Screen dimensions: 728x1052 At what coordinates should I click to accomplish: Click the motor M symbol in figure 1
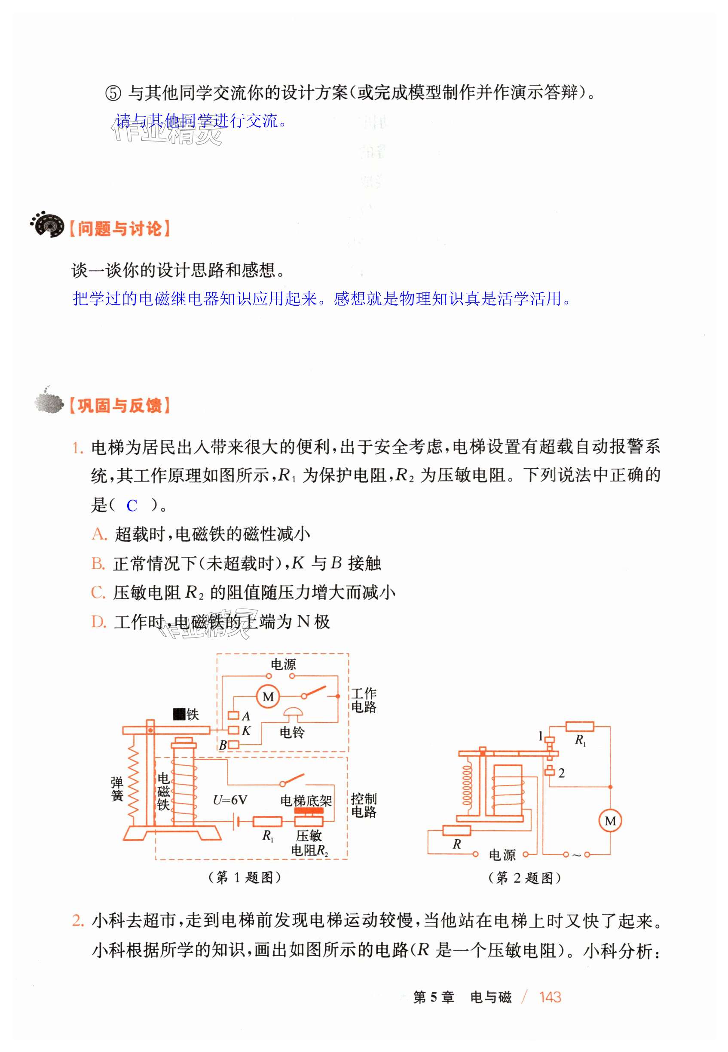click(268, 696)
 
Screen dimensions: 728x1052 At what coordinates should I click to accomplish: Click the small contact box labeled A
click(233, 716)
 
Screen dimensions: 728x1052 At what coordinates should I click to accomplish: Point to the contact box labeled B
click(233, 745)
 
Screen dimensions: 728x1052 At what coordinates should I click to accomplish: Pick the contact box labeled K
click(233, 730)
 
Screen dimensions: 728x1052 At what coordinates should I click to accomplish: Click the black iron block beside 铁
click(179, 714)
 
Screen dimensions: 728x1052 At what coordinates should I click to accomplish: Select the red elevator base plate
click(309, 811)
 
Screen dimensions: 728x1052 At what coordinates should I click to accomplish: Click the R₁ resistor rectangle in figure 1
click(268, 822)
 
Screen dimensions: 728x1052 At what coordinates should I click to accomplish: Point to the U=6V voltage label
click(230, 800)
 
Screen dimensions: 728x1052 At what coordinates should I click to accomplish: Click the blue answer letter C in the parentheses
click(132, 506)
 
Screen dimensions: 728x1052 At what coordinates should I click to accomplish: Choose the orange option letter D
click(98, 622)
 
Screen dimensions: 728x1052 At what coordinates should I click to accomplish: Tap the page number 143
click(550, 997)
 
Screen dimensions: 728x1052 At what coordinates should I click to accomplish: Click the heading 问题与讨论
click(119, 229)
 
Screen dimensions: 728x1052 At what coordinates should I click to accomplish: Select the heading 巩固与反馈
click(119, 405)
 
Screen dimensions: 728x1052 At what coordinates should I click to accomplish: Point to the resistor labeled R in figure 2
click(456, 830)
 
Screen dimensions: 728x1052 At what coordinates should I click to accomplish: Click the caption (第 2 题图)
click(524, 878)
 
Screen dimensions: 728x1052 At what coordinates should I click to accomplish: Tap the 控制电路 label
click(364, 806)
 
